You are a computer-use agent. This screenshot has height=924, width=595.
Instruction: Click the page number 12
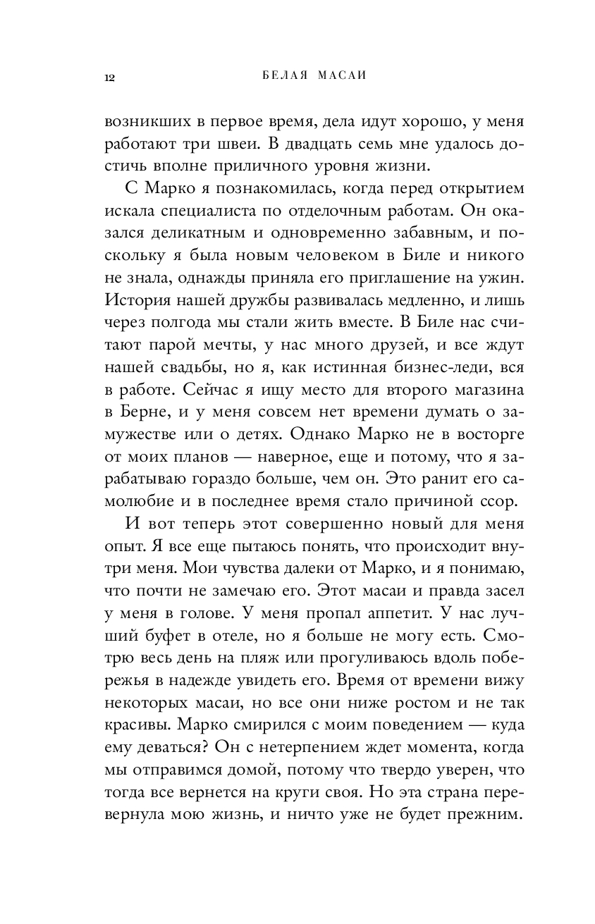tap(109, 77)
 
